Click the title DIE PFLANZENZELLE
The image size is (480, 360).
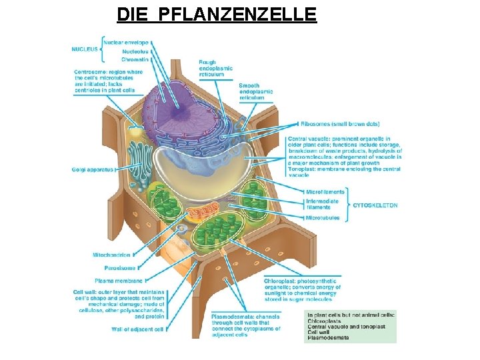[216, 13]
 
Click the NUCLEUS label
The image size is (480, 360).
[85, 49]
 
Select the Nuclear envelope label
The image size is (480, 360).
[125, 42]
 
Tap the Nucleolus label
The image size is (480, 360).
[135, 51]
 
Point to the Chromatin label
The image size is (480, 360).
[135, 59]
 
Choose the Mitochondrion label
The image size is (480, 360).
[111, 255]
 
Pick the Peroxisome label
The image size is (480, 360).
[115, 268]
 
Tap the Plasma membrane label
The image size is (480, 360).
[119, 281]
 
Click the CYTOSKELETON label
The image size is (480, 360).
[375, 205]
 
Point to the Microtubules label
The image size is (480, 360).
[322, 218]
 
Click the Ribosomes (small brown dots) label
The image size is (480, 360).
[341, 124]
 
